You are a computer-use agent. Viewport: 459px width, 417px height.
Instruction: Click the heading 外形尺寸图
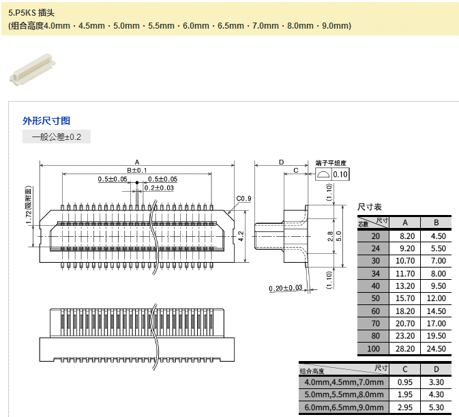46,121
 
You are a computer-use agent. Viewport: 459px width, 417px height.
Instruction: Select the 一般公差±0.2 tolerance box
57,137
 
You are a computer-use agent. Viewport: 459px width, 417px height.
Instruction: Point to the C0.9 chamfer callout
244,199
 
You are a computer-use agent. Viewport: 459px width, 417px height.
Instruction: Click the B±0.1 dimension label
136,170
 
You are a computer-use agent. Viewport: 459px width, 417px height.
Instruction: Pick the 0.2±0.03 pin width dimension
159,188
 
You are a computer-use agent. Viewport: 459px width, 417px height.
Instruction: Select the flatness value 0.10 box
340,175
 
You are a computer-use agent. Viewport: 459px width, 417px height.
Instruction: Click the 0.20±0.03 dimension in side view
286,287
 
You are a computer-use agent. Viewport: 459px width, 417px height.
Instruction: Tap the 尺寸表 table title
370,207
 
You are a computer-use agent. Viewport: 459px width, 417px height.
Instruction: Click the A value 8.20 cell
405,235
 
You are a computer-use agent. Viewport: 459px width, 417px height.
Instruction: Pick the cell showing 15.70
405,298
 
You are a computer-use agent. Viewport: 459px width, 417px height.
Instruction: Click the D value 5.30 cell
436,407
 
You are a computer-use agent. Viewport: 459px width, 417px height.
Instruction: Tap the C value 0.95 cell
405,382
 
